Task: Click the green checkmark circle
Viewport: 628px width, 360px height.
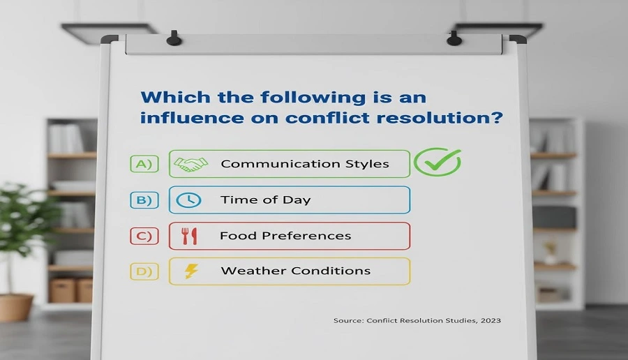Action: click(438, 163)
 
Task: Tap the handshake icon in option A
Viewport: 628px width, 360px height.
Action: click(190, 165)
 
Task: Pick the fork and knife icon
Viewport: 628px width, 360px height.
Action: click(189, 236)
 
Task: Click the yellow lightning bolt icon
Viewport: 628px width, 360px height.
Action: click(190, 271)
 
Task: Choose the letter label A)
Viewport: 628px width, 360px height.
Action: click(144, 165)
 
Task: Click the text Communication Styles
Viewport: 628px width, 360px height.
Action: click(304, 165)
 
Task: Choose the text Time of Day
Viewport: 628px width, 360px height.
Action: click(265, 200)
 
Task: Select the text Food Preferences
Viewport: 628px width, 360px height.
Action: click(285, 236)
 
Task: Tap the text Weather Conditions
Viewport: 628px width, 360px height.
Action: click(295, 271)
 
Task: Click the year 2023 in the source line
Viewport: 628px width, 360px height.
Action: click(490, 320)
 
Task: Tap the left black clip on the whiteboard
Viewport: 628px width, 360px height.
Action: click(174, 38)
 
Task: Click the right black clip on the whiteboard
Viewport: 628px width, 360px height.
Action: click(454, 38)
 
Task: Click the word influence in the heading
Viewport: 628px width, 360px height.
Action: click(186, 118)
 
